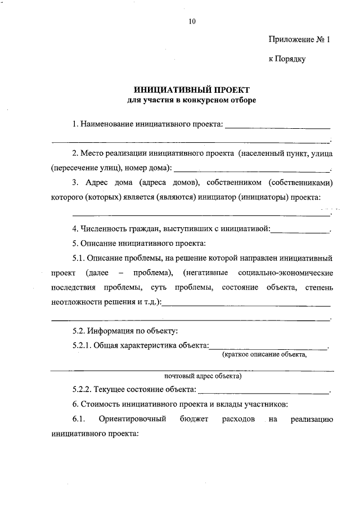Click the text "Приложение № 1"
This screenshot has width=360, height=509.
(x=297, y=40)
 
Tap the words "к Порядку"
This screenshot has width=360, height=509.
(x=287, y=59)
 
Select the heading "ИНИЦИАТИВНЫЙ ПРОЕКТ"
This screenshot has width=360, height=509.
(x=191, y=90)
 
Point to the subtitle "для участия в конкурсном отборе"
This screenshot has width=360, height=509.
(x=191, y=100)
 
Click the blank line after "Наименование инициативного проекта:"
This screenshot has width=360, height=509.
(x=277, y=127)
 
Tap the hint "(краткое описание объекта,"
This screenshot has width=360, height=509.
(x=264, y=355)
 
